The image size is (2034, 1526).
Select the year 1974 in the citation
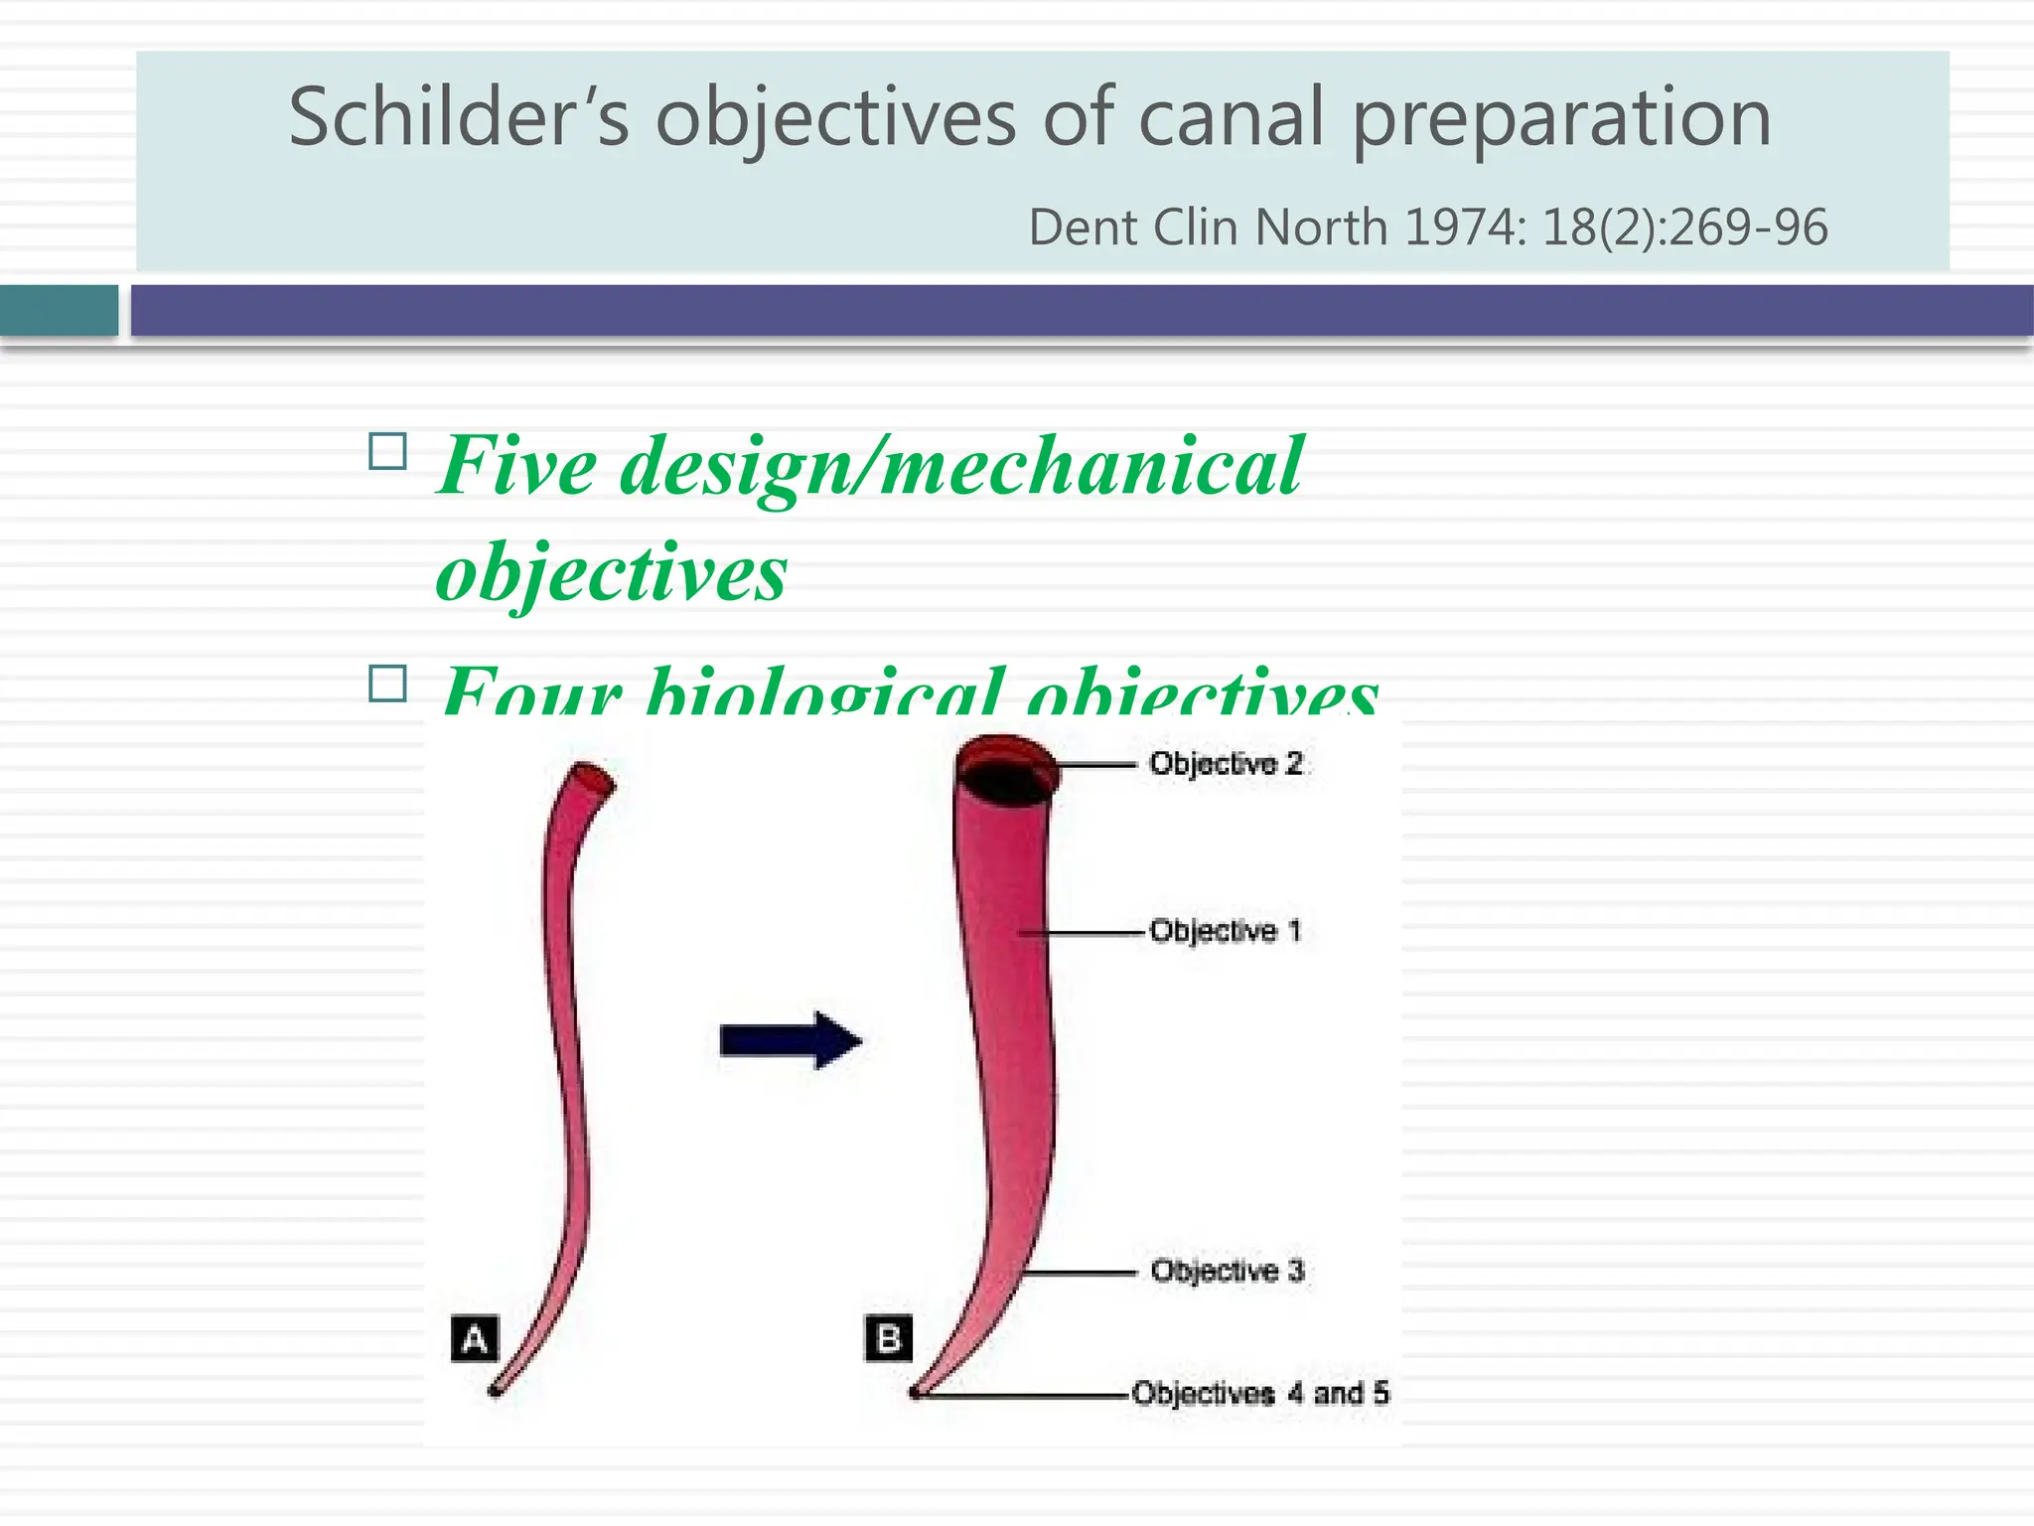tap(1460, 228)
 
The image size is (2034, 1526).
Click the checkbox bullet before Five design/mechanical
tap(387, 452)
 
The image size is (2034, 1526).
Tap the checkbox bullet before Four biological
tap(387, 684)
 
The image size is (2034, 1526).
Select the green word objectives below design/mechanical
tap(611, 572)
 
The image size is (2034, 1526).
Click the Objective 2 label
tap(1226, 763)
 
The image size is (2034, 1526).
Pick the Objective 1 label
tap(1225, 931)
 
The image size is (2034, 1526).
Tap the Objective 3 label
tap(1227, 1271)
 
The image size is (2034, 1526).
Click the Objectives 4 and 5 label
tap(1259, 1393)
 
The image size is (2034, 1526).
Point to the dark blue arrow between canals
tap(790, 1041)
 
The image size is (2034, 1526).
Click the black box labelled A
tap(475, 1338)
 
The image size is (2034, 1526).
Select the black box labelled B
tap(889, 1338)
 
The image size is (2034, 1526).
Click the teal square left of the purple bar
tap(59, 311)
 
